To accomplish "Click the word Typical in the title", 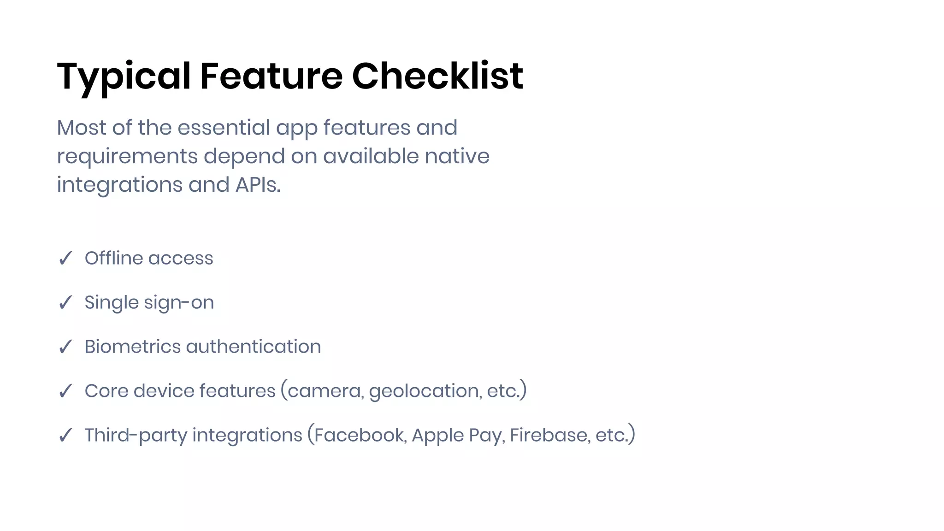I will pos(124,77).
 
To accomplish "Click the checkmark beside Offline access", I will pos(65,258).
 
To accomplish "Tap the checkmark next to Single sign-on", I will pos(65,302).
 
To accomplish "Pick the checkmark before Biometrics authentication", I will pos(65,347).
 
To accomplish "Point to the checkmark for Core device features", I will pos(65,391).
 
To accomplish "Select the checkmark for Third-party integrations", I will pos(65,435).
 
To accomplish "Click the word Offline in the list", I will pos(114,258).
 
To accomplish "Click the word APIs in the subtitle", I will pos(257,185).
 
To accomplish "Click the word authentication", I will pos(254,347).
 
